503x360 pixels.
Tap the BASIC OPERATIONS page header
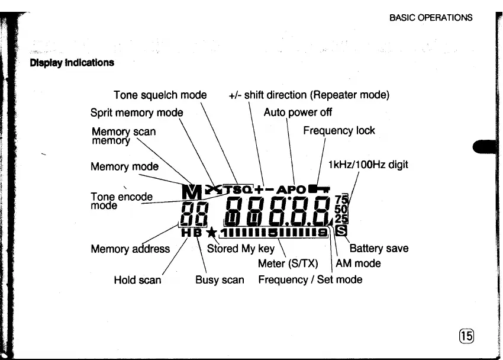tap(431, 17)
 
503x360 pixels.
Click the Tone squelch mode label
tap(160, 95)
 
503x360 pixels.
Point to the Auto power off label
tap(298, 112)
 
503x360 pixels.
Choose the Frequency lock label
tap(338, 130)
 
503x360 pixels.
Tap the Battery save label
tap(379, 249)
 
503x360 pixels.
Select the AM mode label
tap(358, 263)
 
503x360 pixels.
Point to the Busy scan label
tap(220, 279)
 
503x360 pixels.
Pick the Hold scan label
tap(137, 279)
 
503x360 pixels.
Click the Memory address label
tap(130, 249)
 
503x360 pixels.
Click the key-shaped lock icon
tap(320, 189)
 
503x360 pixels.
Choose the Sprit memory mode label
tap(137, 112)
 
